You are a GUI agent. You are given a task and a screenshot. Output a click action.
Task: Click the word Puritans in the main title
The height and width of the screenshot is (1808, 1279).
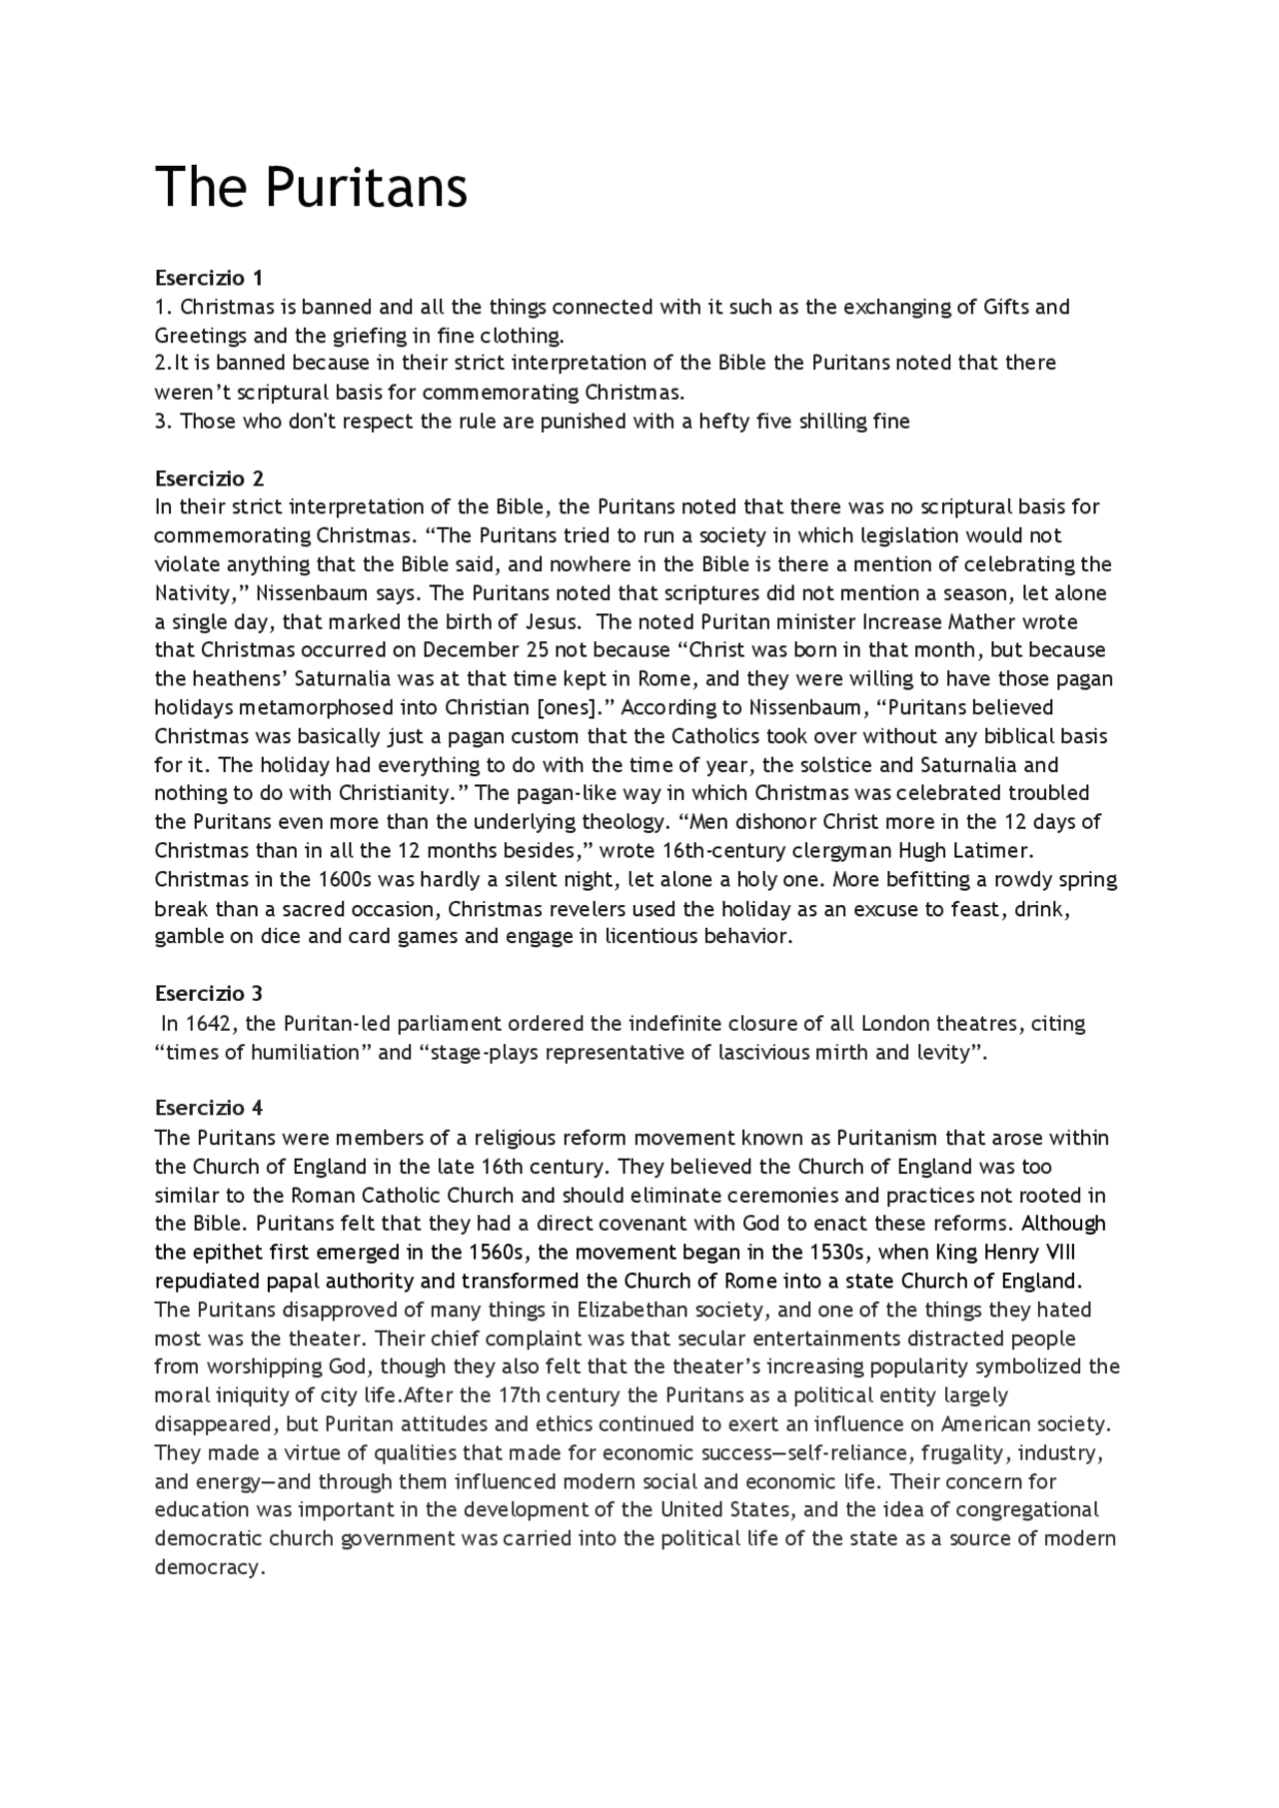click(x=369, y=187)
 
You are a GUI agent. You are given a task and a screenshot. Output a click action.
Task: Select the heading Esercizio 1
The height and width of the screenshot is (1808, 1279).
click(x=209, y=277)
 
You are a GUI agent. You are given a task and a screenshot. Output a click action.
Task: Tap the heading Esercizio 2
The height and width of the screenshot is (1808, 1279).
click(x=209, y=477)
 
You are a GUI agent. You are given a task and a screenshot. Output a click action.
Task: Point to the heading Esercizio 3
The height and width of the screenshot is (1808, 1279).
click(x=209, y=993)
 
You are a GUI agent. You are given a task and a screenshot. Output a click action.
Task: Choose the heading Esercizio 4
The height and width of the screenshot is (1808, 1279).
click(x=209, y=1108)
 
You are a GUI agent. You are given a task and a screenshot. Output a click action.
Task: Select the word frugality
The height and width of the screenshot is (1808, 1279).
click(x=963, y=1453)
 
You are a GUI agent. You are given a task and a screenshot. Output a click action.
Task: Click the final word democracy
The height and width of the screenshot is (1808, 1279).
click(x=208, y=1567)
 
